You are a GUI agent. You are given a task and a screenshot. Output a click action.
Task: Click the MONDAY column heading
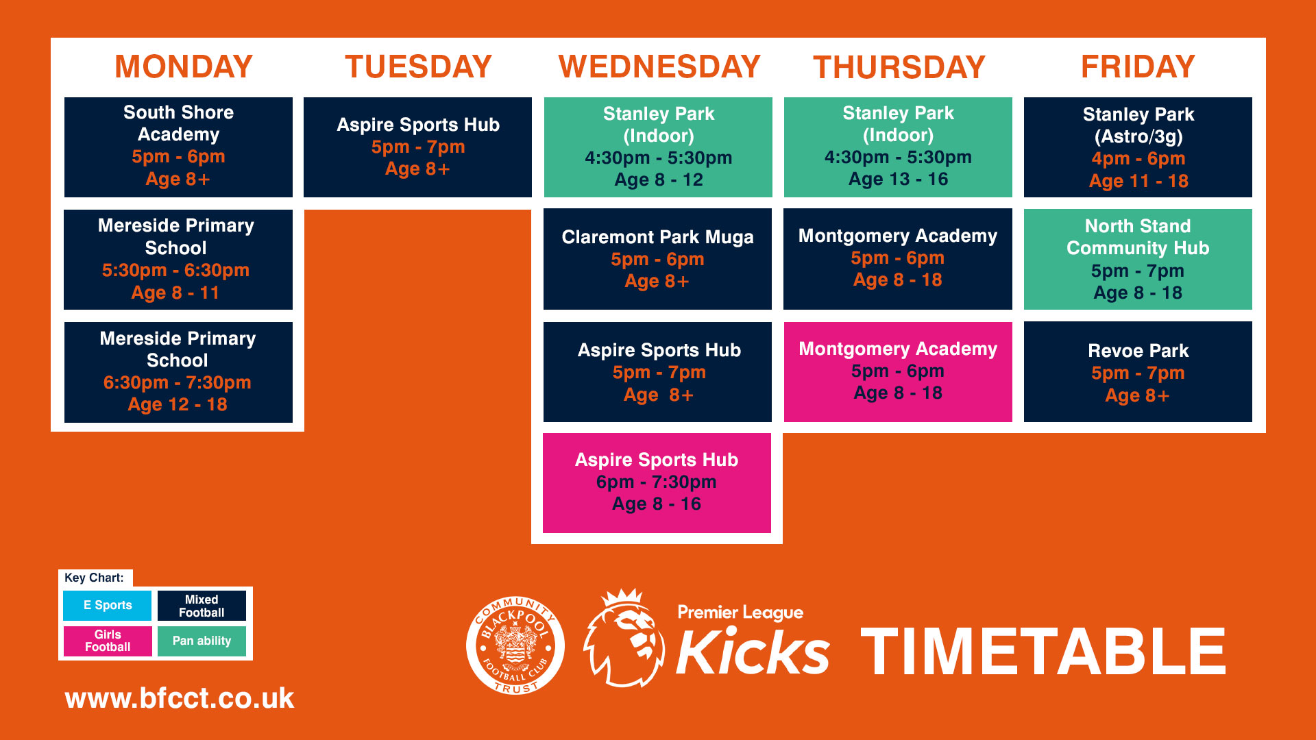[184, 66]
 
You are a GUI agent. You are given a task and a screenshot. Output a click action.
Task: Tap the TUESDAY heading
[418, 66]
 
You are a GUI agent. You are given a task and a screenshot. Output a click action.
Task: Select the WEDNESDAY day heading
[659, 66]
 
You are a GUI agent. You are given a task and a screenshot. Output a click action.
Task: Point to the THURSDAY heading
[899, 67]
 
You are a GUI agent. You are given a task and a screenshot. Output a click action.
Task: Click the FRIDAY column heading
[1138, 66]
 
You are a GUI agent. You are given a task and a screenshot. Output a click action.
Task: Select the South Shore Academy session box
[178, 147]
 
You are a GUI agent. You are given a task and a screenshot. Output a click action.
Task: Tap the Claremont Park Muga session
[657, 259]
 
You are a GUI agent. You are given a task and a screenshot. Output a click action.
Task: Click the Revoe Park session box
[1138, 371]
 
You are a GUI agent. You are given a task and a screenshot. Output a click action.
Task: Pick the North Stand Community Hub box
[1138, 259]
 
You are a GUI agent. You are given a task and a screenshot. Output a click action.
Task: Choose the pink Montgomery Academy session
[898, 372]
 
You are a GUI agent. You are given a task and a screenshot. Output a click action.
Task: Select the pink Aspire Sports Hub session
[657, 483]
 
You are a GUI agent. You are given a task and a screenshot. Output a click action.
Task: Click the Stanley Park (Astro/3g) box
[1138, 147]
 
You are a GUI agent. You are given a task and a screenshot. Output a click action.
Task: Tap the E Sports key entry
[108, 606]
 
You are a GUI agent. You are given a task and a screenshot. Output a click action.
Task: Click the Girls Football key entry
[108, 641]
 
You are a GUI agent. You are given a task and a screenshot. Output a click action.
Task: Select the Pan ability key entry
[202, 641]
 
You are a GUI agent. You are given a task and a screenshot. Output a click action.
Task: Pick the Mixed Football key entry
[202, 606]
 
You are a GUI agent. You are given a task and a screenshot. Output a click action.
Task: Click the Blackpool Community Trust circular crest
[515, 645]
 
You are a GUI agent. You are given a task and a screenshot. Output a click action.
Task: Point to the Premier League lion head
[624, 638]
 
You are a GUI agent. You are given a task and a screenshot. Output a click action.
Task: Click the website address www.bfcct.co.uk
[180, 698]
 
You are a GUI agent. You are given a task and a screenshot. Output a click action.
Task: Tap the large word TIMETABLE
[1043, 652]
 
